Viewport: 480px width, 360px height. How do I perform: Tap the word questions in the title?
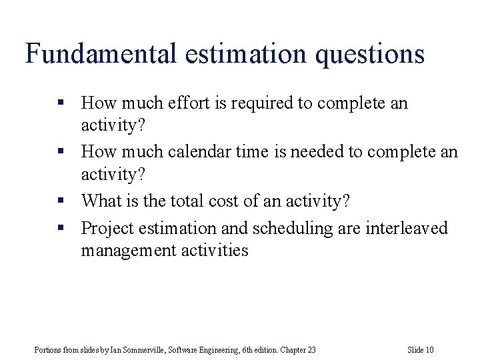coord(371,54)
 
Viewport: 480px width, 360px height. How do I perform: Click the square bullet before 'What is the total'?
coord(61,200)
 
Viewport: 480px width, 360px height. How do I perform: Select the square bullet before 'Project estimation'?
coord(61,228)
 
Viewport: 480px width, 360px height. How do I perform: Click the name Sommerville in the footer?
coord(142,350)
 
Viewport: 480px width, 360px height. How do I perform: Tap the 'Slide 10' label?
coord(421,350)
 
